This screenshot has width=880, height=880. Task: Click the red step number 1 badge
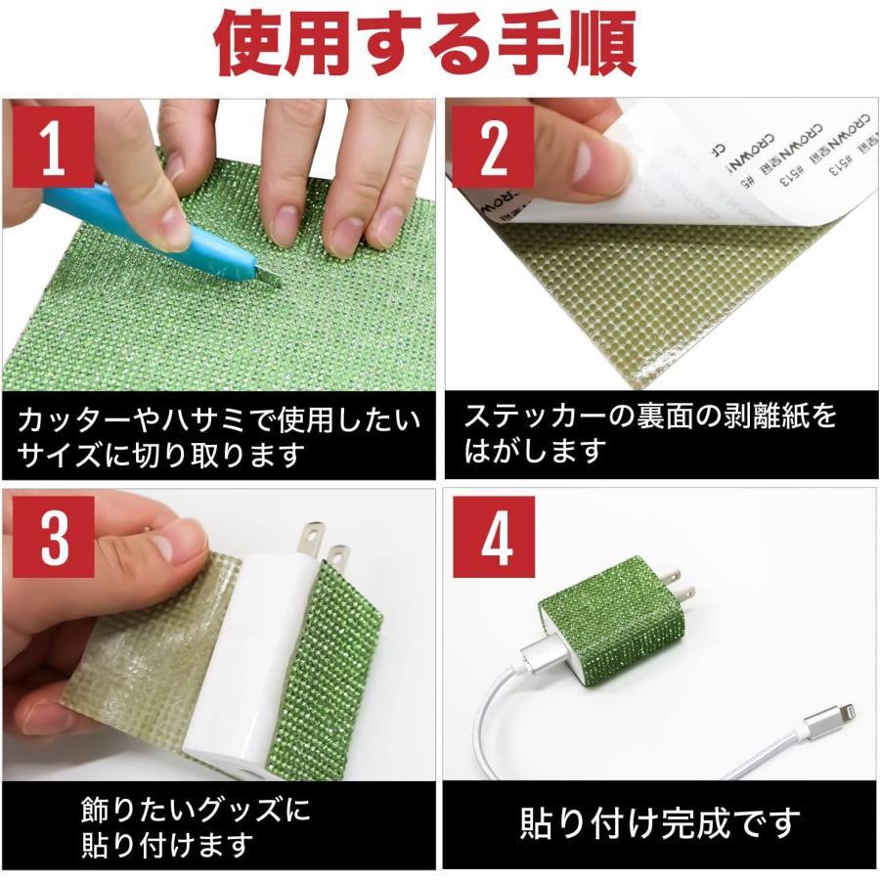pyautogui.click(x=54, y=146)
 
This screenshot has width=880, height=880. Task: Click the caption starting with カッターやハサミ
pyautogui.click(x=219, y=437)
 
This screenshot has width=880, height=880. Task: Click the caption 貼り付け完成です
pyautogui.click(x=659, y=822)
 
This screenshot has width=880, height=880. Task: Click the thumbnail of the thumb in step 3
pyautogui.click(x=181, y=538)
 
